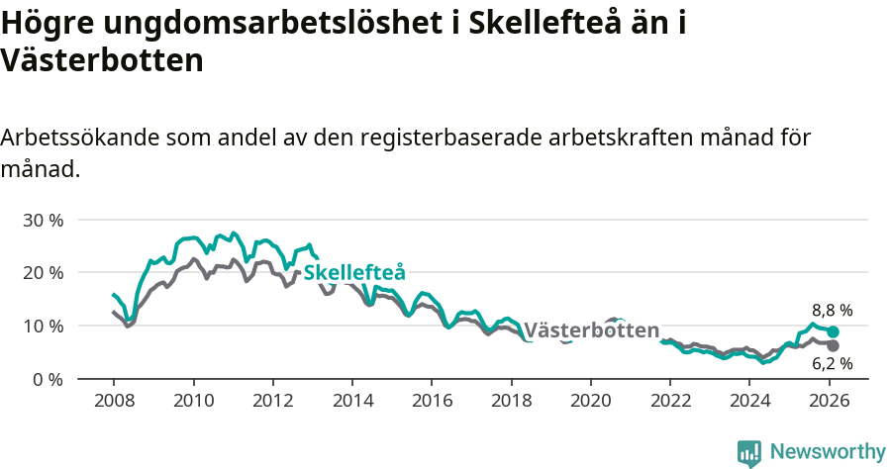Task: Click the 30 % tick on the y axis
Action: [x=43, y=220]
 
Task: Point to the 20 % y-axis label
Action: [x=43, y=273]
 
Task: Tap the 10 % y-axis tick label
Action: [x=43, y=327]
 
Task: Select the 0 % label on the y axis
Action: [x=48, y=380]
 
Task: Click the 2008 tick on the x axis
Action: [x=114, y=401]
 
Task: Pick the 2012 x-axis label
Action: [x=272, y=401]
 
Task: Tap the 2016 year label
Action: [x=432, y=401]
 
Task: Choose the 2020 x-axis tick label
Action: [x=591, y=401]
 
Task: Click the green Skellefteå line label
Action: [x=354, y=273]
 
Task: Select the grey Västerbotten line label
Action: [x=591, y=330]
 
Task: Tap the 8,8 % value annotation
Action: [x=832, y=310]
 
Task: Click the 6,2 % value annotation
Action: [x=832, y=363]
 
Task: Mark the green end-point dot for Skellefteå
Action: [x=834, y=332]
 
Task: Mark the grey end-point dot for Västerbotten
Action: [x=834, y=345]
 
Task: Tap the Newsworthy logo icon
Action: [x=749, y=452]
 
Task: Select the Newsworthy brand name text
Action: [x=827, y=452]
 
